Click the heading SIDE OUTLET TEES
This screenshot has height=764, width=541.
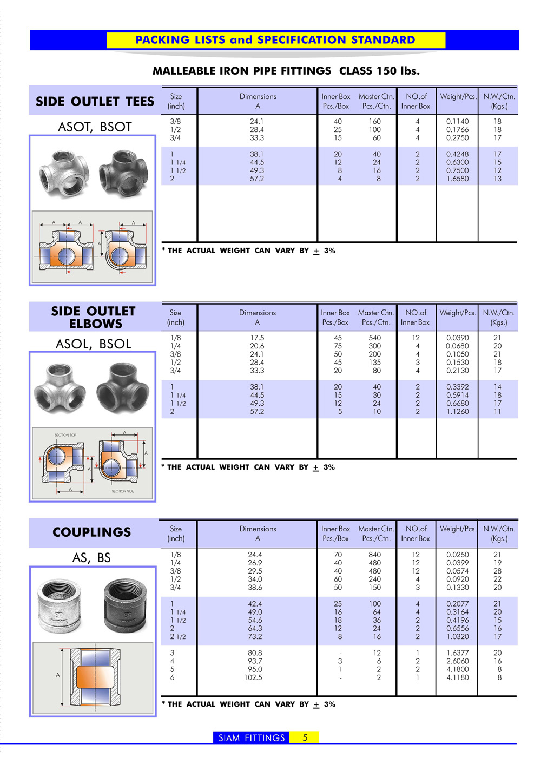95,102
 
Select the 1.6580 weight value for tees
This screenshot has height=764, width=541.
458,179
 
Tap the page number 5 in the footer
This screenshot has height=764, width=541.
305,737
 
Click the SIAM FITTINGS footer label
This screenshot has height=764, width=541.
252,737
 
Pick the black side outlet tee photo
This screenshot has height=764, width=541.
123,174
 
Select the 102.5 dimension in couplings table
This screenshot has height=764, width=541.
253,677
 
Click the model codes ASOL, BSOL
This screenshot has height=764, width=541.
93,344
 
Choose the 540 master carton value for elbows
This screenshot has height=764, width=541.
374,338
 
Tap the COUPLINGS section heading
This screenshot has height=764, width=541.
91,532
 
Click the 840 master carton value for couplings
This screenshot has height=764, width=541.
374,555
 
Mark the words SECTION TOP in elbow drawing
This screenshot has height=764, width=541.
65,435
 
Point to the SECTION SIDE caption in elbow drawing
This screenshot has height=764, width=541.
123,491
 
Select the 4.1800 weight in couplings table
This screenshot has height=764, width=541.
458,669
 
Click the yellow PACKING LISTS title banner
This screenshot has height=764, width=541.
275,40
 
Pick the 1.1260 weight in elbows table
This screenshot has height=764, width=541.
458,411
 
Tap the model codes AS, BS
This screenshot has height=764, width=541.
91,558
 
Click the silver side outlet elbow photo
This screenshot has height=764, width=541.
60,386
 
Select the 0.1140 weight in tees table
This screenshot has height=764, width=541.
458,122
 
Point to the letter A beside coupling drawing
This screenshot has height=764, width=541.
58,675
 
